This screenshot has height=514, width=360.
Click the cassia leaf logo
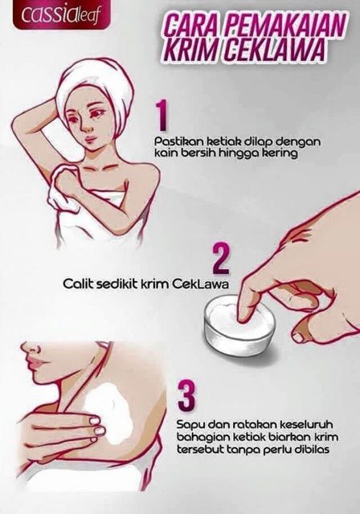[x=59, y=15]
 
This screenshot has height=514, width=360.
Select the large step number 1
[x=162, y=116]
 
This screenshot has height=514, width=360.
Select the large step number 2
[x=220, y=259]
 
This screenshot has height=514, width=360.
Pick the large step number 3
[x=186, y=397]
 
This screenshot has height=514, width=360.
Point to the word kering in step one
[x=280, y=153]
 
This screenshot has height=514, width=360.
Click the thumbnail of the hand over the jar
[x=299, y=337]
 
